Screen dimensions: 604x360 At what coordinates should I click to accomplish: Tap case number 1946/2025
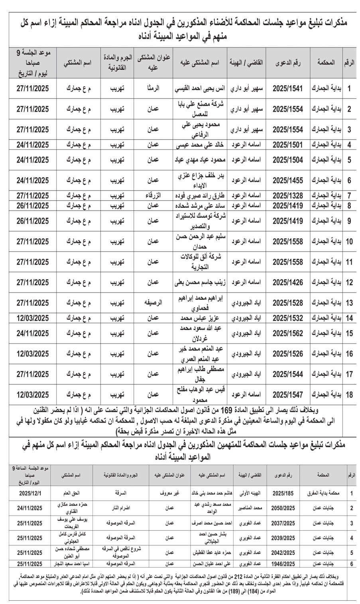pos(283,564)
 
